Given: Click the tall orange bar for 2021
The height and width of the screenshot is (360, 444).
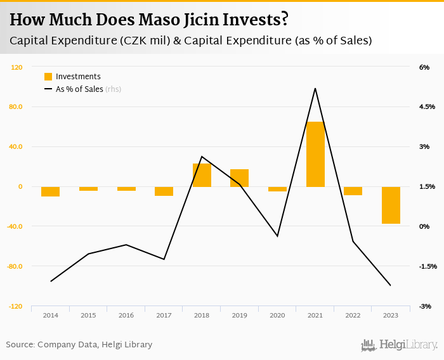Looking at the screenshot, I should coord(315,154).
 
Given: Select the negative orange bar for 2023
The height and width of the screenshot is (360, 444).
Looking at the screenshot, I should coord(391,205).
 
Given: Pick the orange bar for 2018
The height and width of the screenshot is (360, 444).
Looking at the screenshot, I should coord(202,175).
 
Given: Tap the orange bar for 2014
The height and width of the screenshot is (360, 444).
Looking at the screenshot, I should coord(50,191).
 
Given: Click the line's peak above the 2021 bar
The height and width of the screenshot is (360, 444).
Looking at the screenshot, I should coord(315,88).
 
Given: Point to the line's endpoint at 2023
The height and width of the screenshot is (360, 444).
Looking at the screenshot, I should coord(391,285).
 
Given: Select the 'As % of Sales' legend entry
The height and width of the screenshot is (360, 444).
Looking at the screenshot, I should coord(79,89).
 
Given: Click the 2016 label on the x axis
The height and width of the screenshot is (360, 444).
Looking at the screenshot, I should coord(126,315).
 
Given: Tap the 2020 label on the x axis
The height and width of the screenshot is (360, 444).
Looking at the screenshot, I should coord(277,315).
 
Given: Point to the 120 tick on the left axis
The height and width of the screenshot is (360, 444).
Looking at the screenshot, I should coord(17,67).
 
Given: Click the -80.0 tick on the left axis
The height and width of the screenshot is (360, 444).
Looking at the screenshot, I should coord(15,266).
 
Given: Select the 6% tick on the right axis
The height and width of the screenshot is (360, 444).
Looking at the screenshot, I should coord(424,67).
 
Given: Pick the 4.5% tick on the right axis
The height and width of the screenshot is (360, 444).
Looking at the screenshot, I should coord(426,107).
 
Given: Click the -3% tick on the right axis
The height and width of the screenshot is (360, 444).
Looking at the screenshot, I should coord(424,306).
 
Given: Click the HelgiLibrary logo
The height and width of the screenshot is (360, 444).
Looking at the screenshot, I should coord(399,345).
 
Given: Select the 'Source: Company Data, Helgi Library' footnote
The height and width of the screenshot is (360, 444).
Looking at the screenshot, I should coord(79,345).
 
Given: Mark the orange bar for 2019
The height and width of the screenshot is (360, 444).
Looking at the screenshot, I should coord(239,178).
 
